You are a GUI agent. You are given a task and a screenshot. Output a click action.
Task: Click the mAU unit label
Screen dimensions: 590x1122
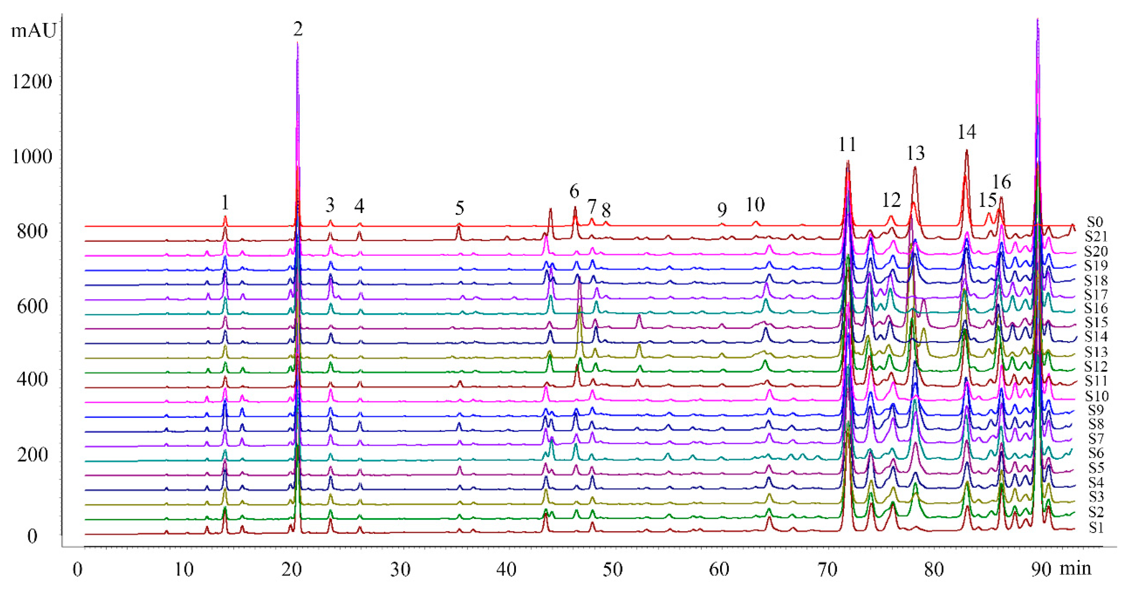pyautogui.click(x=34, y=31)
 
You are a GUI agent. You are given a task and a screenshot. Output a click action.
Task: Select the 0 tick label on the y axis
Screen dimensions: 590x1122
pyautogui.click(x=33, y=536)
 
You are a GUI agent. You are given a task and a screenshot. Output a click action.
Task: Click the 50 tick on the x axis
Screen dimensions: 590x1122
pyautogui.click(x=613, y=570)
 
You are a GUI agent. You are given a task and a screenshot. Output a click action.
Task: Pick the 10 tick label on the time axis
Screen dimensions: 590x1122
pyautogui.click(x=185, y=570)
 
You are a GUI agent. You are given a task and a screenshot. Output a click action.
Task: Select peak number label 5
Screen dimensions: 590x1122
pyautogui.click(x=460, y=208)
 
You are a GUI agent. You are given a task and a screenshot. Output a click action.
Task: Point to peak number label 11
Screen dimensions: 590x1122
pyautogui.click(x=847, y=144)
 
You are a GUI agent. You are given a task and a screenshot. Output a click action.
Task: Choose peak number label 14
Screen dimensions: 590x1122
pyautogui.click(x=966, y=132)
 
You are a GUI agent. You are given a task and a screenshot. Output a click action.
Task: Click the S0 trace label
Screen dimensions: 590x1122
pyautogui.click(x=1094, y=222)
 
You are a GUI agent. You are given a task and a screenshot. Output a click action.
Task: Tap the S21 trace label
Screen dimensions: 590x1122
pyautogui.click(x=1096, y=236)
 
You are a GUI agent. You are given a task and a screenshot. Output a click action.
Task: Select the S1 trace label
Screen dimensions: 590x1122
pyautogui.click(x=1096, y=527)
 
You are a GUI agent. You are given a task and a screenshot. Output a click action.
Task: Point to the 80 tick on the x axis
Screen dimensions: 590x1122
pyautogui.click(x=934, y=570)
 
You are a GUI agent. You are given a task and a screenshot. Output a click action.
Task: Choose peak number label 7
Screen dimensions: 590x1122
pyautogui.click(x=591, y=206)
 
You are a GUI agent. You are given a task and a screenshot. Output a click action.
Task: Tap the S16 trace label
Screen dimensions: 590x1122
pyautogui.click(x=1096, y=308)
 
